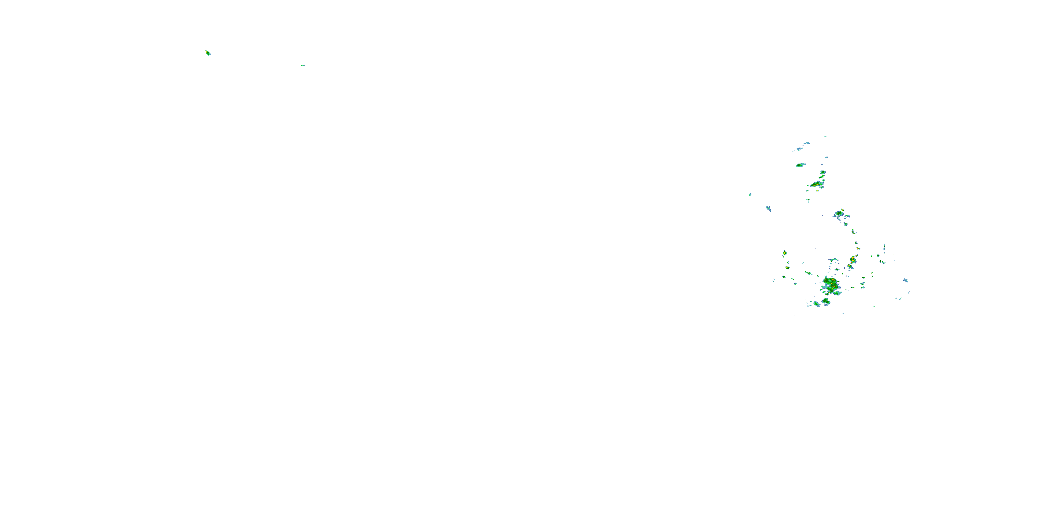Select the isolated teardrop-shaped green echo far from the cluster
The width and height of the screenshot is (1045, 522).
click(x=208, y=53)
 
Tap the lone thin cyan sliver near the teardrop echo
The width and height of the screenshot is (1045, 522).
click(x=303, y=65)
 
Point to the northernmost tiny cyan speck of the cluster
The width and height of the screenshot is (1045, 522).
click(x=825, y=136)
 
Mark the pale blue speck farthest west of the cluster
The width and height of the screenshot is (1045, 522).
click(x=750, y=195)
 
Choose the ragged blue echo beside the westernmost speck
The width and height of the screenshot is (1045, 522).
click(x=768, y=208)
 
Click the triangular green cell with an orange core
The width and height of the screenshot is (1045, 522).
click(x=785, y=253)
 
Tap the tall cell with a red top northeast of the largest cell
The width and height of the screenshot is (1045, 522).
click(x=853, y=259)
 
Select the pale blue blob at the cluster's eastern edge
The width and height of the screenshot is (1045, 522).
click(x=905, y=280)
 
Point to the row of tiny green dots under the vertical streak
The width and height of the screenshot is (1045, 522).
click(x=882, y=262)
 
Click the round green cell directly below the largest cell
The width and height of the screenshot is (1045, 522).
click(x=826, y=301)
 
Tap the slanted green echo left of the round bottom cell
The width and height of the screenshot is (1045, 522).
click(x=816, y=303)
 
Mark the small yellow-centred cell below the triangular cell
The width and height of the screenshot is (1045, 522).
click(x=787, y=268)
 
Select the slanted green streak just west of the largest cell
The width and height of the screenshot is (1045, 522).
click(x=808, y=273)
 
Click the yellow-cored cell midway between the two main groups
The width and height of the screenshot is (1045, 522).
click(x=839, y=214)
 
